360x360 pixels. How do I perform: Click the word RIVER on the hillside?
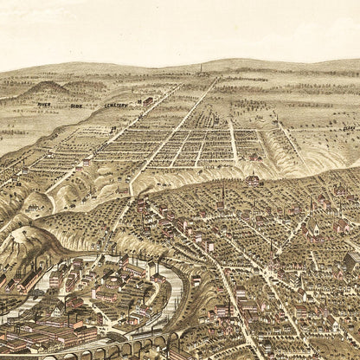[43, 105]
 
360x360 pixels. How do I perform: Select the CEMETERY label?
[116, 105]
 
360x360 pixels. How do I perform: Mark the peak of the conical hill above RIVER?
[48, 84]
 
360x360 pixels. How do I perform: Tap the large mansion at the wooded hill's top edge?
[254, 180]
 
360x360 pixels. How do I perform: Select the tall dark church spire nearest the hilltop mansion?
[222, 195]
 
